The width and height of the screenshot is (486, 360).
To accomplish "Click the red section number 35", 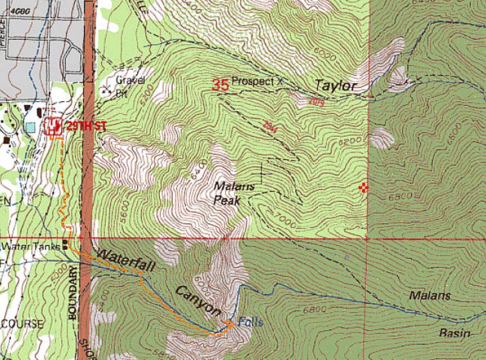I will tap(220, 85).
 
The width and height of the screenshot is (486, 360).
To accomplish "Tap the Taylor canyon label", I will tap(335, 86).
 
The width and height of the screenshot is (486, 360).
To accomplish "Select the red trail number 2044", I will tap(271, 126).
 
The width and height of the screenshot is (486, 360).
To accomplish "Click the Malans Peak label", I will tap(234, 192).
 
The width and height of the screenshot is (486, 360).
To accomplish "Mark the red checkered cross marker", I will tap(363, 188).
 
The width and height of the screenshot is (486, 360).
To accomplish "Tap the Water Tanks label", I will tap(31, 246).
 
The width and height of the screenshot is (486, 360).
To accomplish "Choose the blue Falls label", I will tap(250, 322).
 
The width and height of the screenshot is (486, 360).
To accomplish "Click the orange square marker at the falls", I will tap(229, 323).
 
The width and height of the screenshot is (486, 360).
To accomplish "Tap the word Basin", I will tap(456, 333).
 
